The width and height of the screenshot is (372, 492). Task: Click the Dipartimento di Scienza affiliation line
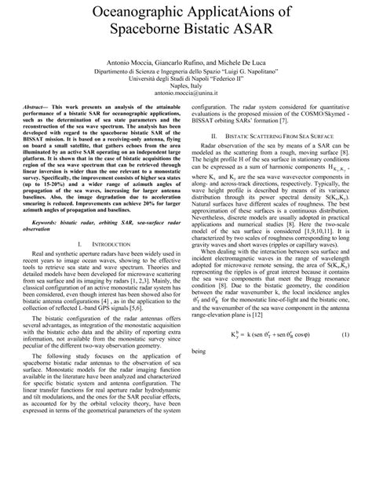(x=186, y=92)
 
